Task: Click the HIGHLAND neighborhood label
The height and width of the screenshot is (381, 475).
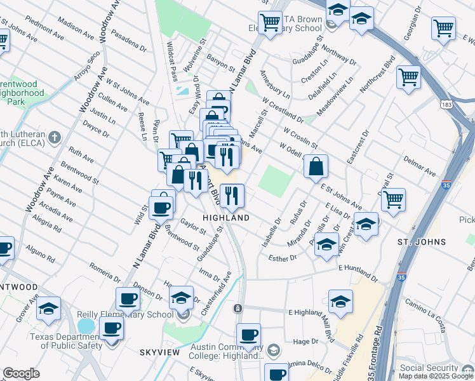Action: (225, 217)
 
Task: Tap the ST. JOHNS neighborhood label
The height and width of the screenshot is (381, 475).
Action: (422, 242)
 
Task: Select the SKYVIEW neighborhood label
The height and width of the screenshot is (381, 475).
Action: (160, 352)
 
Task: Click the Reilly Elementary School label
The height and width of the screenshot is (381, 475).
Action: (125, 314)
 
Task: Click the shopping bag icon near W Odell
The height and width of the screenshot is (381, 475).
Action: (316, 168)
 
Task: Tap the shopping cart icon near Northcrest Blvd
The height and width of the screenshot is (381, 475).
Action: (408, 77)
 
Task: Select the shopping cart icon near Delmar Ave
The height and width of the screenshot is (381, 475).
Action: (394, 199)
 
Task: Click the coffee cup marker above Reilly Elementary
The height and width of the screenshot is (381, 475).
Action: (128, 298)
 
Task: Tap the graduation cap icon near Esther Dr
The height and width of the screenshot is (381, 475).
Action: (326, 244)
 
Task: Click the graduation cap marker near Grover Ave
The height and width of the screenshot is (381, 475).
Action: (48, 308)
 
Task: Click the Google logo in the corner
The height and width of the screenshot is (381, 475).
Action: (21, 373)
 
